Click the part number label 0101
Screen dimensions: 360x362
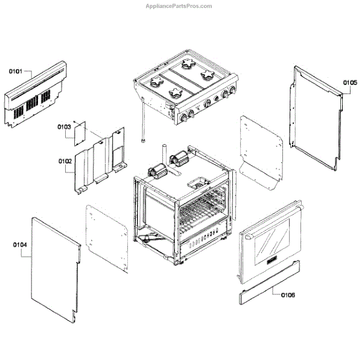coord(16,71)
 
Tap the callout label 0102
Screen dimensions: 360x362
coord(65,162)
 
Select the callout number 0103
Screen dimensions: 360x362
coord(65,127)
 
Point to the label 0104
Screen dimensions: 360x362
coord(20,244)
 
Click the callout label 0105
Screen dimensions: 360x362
coord(351,82)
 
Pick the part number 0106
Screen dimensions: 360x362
coord(288,295)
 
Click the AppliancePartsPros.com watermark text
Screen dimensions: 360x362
coord(179,6)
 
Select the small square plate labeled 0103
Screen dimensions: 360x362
coord(80,133)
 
